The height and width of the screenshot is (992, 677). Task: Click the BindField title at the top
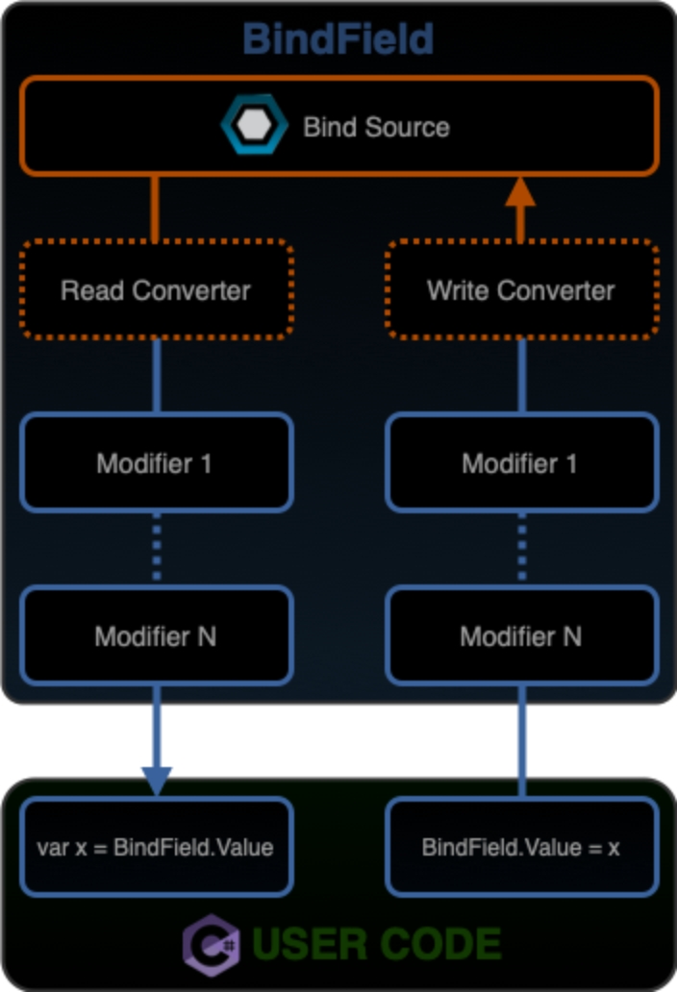pyautogui.click(x=338, y=39)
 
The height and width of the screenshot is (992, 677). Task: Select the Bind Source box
pyautogui.click(x=339, y=126)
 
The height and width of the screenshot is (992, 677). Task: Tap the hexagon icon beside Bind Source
pyautogui.click(x=254, y=126)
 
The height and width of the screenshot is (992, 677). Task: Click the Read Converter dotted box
pyautogui.click(x=156, y=289)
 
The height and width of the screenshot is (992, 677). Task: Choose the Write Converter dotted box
pyautogui.click(x=521, y=289)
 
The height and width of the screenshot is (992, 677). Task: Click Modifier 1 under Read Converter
pyautogui.click(x=156, y=462)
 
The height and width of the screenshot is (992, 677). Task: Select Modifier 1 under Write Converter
pyautogui.click(x=521, y=462)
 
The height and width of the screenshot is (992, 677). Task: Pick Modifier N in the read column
pyautogui.click(x=156, y=635)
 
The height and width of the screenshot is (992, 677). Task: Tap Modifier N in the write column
pyautogui.click(x=521, y=635)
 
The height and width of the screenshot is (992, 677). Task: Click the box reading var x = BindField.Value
pyautogui.click(x=156, y=847)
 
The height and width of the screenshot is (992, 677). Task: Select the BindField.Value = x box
pyautogui.click(x=521, y=847)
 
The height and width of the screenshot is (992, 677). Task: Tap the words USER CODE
pyautogui.click(x=377, y=943)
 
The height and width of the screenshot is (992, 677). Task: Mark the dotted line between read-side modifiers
pyautogui.click(x=156, y=548)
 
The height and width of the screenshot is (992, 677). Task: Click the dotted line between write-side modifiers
pyautogui.click(x=521, y=548)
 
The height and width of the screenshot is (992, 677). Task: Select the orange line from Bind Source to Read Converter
pyautogui.click(x=155, y=208)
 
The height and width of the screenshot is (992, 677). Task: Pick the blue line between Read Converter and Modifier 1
pyautogui.click(x=156, y=376)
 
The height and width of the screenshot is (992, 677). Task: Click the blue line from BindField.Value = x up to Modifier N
pyautogui.click(x=521, y=740)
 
